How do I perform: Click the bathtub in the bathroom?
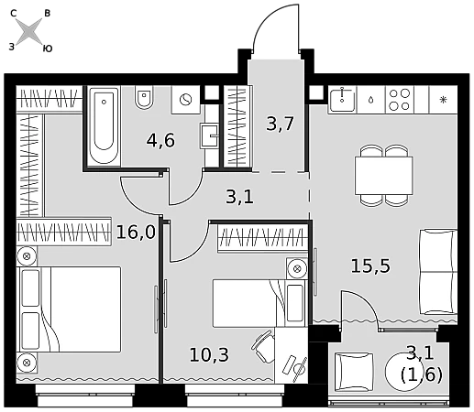point(104,125)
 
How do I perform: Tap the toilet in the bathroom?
point(144,97)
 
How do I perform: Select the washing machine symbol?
point(186,100)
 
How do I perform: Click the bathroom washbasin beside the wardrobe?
point(209,136)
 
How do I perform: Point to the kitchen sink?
point(342,99)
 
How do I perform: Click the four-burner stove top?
point(400,100)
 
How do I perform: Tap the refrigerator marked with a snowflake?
point(443,100)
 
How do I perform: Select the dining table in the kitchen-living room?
point(384,176)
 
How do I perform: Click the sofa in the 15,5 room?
point(438,272)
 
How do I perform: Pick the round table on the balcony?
point(401,372)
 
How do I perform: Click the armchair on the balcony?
point(354,372)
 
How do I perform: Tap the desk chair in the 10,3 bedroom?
point(263,346)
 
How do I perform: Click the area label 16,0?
point(136,233)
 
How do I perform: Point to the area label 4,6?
point(160,140)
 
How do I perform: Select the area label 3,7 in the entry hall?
point(280,124)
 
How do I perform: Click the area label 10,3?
point(209,354)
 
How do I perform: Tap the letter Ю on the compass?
point(48,49)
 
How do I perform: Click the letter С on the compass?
point(13,13)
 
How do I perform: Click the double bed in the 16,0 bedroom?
point(71,309)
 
